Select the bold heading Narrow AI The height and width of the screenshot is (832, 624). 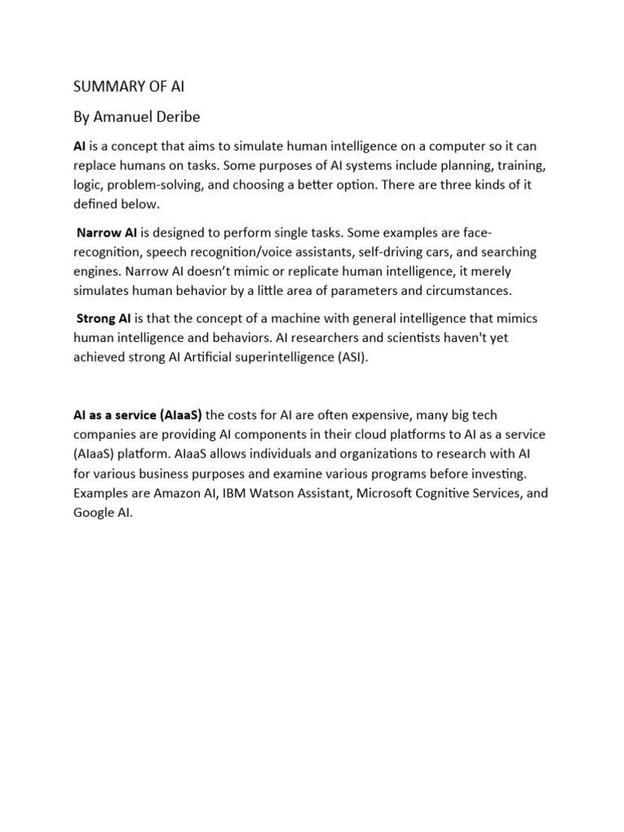(x=106, y=234)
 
